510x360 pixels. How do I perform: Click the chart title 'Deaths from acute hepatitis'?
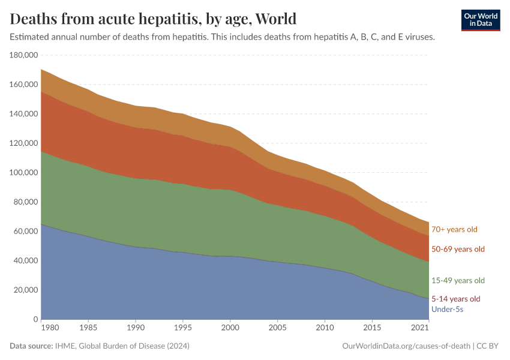153,19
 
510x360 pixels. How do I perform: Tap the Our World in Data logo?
480,19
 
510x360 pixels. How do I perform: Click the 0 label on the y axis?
35,320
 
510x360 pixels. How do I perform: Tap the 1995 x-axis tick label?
183,329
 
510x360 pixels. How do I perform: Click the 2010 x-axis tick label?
325,329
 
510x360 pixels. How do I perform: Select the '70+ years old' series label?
454,229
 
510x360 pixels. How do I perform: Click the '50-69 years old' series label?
458,249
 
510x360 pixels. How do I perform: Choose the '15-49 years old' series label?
458,281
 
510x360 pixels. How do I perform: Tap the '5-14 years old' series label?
456,299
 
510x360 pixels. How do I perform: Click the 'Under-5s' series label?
447,310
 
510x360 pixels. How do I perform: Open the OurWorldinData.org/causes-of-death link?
406,346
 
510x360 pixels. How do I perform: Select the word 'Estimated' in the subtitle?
29,37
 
